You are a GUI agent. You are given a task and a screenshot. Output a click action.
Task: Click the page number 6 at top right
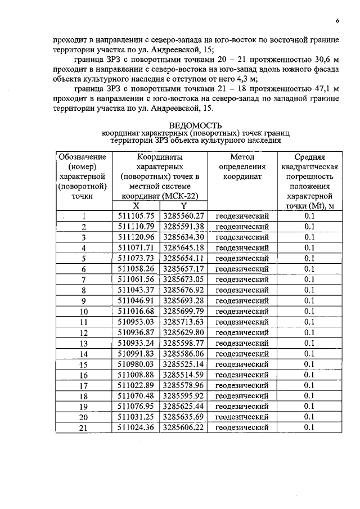(337, 22)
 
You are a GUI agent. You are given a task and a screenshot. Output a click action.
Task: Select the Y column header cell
(183, 206)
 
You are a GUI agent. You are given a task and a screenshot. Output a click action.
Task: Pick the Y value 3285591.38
(183, 227)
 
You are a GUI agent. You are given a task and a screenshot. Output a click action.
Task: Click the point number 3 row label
(83, 237)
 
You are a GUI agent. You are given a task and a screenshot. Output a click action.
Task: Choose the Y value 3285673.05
(183, 280)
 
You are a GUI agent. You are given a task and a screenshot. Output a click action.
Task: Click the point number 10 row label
(83, 312)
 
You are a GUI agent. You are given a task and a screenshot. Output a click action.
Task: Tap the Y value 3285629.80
(183, 333)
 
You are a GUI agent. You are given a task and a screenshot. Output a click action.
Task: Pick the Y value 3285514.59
(183, 375)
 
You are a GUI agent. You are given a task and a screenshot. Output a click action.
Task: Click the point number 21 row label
(83, 428)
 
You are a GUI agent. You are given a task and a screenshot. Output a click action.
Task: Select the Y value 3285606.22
(183, 427)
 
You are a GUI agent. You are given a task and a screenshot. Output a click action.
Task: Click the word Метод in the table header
(242, 157)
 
